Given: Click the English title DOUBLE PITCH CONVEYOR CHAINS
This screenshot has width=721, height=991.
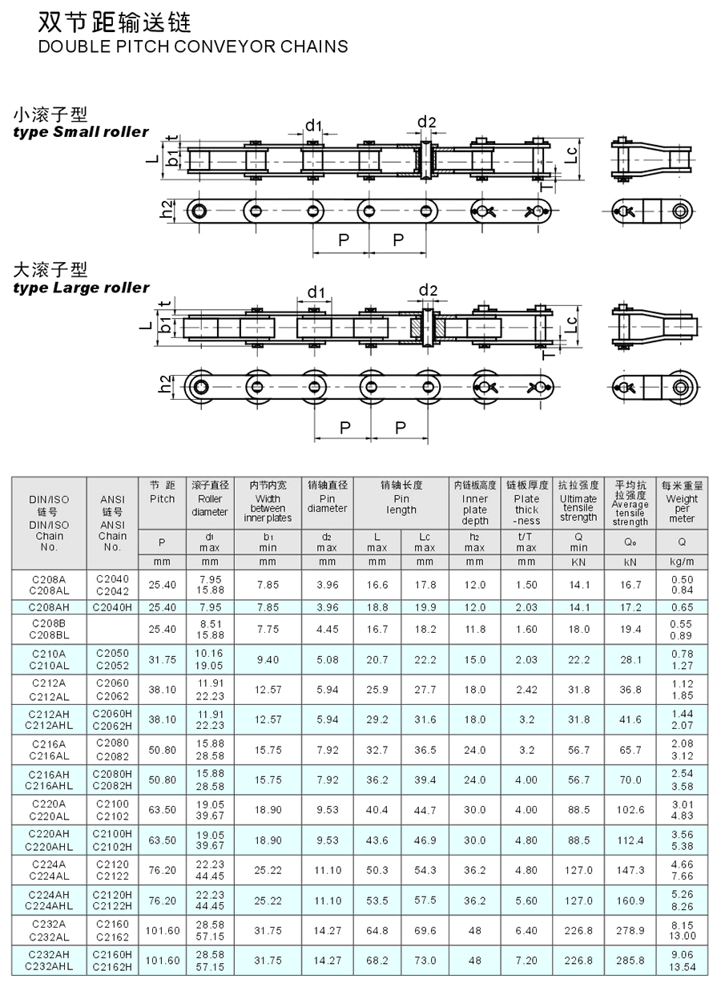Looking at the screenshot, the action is (193, 46).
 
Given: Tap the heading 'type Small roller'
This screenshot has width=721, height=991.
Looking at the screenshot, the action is (81, 132).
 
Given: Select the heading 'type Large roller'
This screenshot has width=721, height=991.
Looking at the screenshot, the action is (82, 288).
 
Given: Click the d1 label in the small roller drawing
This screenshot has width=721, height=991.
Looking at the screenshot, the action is (313, 126).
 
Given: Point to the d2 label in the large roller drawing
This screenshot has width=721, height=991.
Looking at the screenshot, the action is (428, 290).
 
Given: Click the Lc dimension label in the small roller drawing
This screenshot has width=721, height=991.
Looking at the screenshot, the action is (571, 155).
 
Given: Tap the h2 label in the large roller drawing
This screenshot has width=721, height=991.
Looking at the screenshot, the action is (164, 384).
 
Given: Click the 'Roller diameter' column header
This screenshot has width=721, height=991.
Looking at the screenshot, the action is (210, 506).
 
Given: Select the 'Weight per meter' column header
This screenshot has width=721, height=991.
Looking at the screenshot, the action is (682, 509).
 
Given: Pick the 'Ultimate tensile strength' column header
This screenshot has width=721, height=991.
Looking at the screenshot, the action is (578, 508).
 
